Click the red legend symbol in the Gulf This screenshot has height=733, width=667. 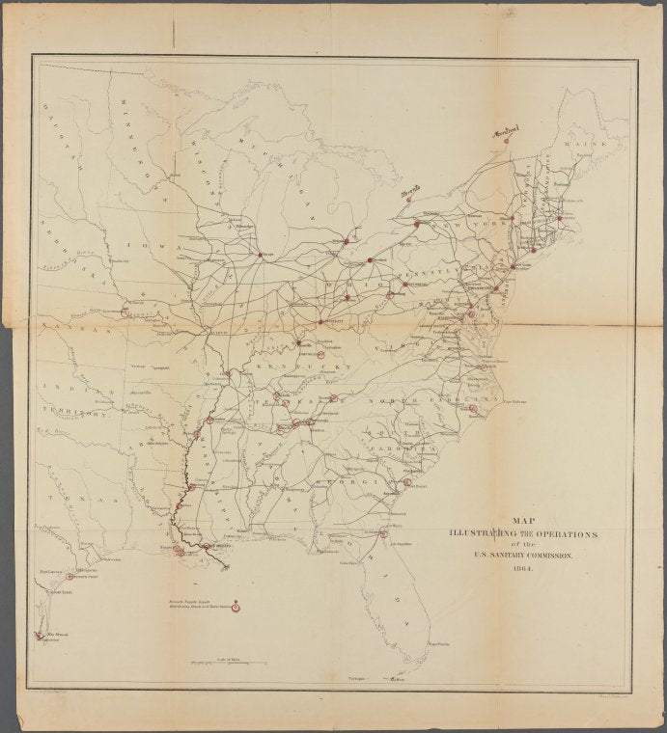(237, 608)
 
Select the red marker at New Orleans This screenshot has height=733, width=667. (207, 547)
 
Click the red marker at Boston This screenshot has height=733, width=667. (560, 218)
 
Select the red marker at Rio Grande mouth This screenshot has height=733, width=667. (39, 635)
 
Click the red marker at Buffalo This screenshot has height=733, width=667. (416, 224)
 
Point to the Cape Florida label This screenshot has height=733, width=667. (439, 642)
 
